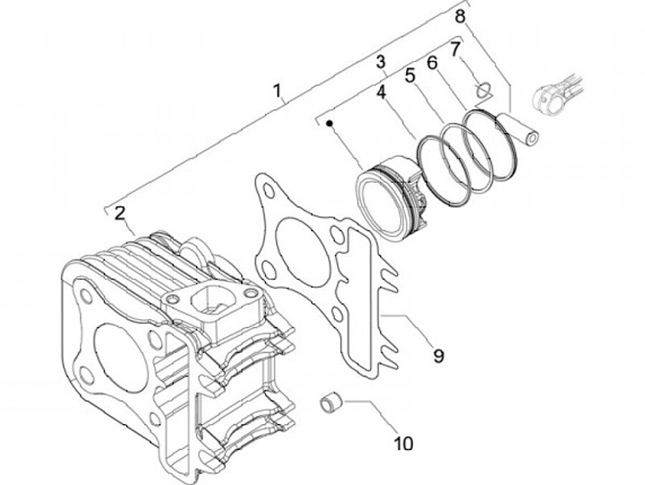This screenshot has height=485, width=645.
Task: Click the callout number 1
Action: (x=278, y=91)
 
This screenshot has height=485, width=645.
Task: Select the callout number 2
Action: (x=119, y=212)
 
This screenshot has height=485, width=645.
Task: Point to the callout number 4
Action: (x=381, y=91)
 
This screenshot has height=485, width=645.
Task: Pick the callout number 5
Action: (x=409, y=76)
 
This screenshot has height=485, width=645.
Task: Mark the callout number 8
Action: (x=460, y=15)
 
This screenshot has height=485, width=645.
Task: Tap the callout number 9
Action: (x=438, y=356)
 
